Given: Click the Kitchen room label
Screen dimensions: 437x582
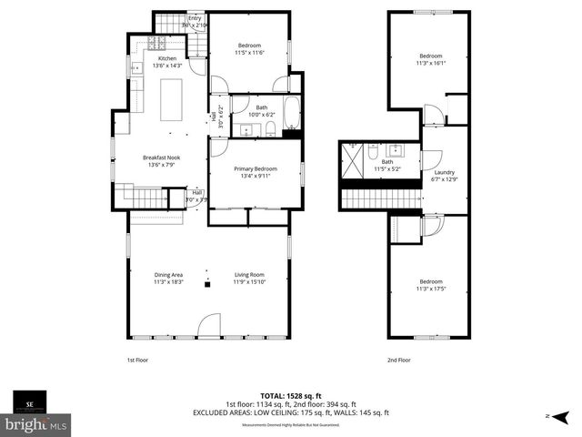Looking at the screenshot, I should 155,58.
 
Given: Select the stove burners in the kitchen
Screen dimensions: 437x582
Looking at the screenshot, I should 155,43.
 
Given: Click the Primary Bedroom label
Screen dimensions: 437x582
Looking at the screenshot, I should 255,169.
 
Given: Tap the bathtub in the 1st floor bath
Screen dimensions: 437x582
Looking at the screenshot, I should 292,114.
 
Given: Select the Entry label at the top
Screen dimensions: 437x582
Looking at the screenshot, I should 195,18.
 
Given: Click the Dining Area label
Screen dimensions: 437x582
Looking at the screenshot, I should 168,275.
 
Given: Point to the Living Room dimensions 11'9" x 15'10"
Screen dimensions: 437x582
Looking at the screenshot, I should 248,282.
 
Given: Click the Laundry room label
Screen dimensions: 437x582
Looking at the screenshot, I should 445,172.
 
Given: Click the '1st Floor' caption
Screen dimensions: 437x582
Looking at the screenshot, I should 138,360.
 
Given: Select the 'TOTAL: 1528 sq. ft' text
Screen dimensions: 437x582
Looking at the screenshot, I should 290,396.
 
